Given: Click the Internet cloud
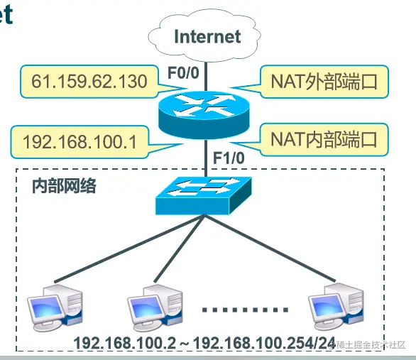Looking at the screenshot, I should tap(207, 36).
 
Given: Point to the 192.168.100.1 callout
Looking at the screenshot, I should tap(80, 141).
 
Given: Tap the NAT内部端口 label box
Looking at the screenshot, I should tap(323, 138).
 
